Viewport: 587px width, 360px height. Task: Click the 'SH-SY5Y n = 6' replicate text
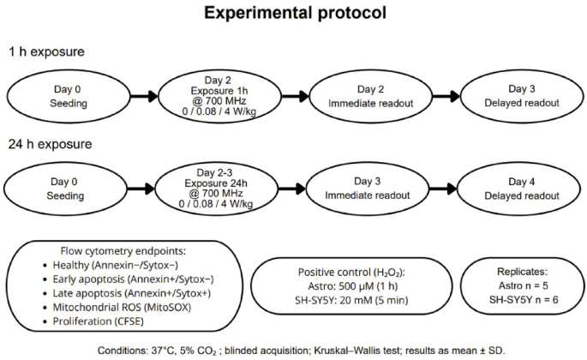[521, 301]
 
